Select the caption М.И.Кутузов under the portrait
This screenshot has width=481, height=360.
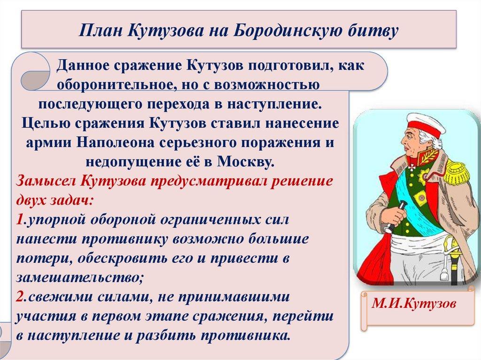(414, 304)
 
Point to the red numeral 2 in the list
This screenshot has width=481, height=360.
(19, 297)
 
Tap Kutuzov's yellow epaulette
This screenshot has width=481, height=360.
(455, 171)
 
